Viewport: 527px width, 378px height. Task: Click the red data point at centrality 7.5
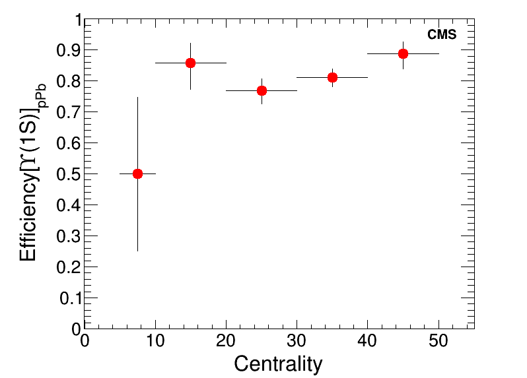click(x=137, y=173)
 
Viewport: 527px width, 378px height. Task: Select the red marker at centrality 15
click(x=190, y=63)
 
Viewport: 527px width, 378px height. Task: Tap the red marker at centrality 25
click(x=262, y=90)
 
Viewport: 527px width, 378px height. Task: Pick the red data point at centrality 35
click(x=332, y=77)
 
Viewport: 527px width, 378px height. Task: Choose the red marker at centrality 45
click(x=403, y=53)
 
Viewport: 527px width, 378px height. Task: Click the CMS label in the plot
click(x=442, y=35)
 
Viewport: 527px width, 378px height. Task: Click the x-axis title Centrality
click(x=278, y=363)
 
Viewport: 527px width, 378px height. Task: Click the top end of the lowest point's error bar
click(x=137, y=98)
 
